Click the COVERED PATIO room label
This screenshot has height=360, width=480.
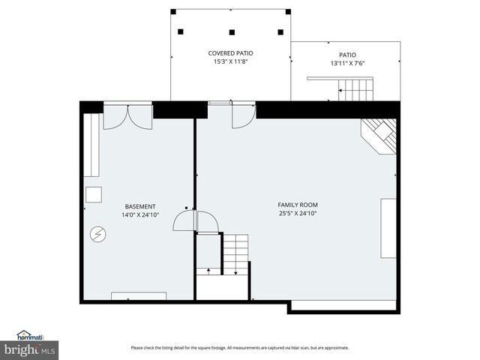click(x=230, y=53)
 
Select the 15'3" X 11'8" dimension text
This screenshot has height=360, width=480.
click(x=230, y=61)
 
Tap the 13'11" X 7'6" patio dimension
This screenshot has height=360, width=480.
click(x=347, y=63)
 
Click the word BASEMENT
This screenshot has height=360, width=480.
click(x=140, y=206)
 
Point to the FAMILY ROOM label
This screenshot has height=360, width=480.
click(x=298, y=205)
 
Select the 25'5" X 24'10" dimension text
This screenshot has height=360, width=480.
click(x=298, y=214)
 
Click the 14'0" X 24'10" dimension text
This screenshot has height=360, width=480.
click(x=140, y=215)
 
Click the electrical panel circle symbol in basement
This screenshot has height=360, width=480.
click(x=98, y=234)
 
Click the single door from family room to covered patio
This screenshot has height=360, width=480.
click(x=242, y=115)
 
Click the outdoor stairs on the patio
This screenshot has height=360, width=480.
click(x=355, y=92)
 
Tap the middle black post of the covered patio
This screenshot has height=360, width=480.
click(x=232, y=32)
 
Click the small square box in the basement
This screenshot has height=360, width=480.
click(x=93, y=194)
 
